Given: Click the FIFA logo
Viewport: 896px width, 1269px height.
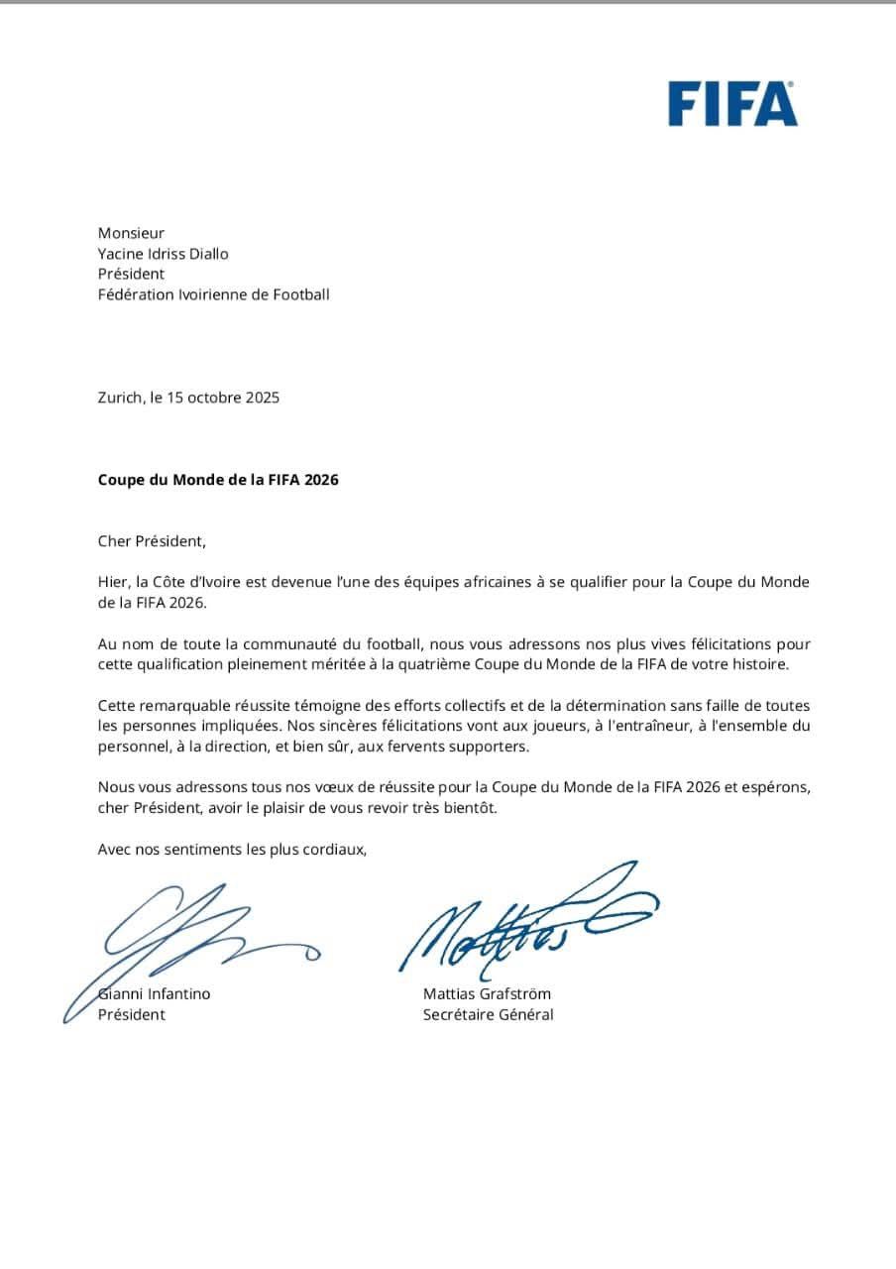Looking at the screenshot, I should pyautogui.click(x=731, y=104).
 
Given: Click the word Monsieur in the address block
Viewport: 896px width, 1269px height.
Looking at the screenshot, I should pyautogui.click(x=131, y=233).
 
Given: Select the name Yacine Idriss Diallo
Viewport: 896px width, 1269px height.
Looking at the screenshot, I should pyautogui.click(x=163, y=254).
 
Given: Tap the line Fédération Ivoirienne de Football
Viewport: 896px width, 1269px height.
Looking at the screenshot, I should pyautogui.click(x=213, y=294).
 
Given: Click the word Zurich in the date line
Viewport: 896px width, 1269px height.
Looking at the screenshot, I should pyautogui.click(x=120, y=398).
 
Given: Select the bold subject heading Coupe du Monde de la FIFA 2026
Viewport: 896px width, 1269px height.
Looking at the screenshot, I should pyautogui.click(x=218, y=480).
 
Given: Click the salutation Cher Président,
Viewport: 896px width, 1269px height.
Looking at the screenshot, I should pyautogui.click(x=152, y=541).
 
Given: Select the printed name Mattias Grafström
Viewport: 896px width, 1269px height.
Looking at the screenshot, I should pyautogui.click(x=487, y=993).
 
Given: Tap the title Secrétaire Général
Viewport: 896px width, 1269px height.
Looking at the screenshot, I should pyautogui.click(x=488, y=1014).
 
